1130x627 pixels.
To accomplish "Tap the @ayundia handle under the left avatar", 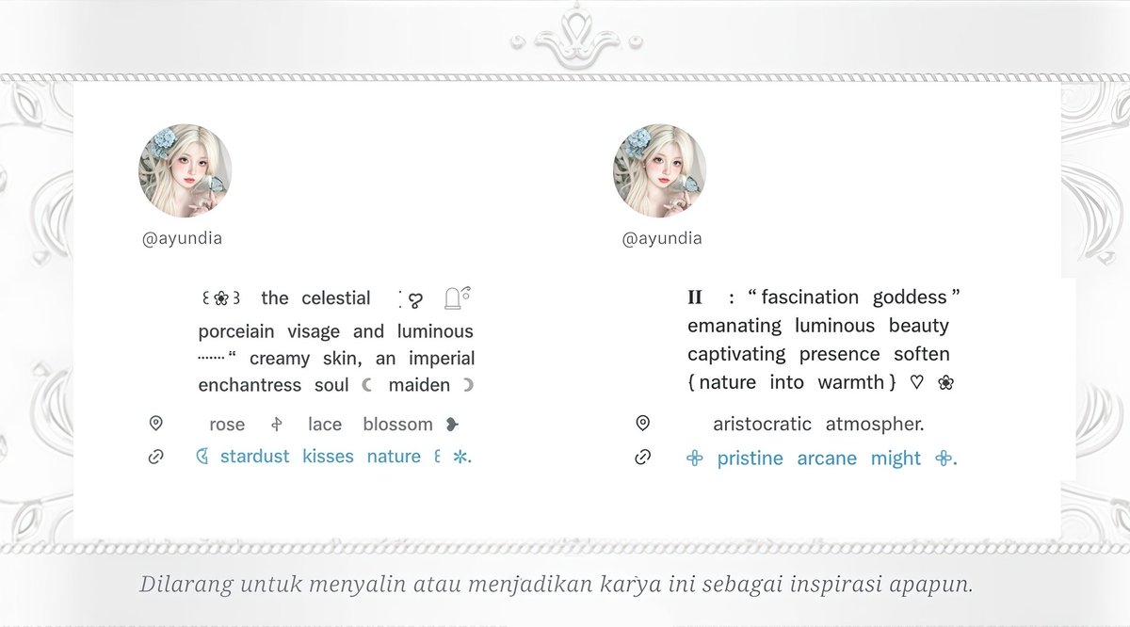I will [x=183, y=238].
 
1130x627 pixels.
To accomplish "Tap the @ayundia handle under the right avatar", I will [x=662, y=238].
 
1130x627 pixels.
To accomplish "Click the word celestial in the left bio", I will [x=336, y=298].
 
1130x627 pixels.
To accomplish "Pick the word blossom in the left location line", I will [x=397, y=425].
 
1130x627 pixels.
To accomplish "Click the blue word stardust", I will [x=254, y=457].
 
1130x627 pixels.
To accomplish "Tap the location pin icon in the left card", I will [x=156, y=424].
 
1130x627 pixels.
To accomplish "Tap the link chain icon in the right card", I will [x=643, y=458].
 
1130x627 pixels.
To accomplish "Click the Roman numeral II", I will [x=695, y=297].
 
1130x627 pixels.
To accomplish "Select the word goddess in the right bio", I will [x=909, y=297].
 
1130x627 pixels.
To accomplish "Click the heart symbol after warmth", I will [x=917, y=382].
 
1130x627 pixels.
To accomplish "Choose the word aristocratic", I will [x=762, y=425].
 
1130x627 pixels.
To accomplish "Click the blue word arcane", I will [x=827, y=458].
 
